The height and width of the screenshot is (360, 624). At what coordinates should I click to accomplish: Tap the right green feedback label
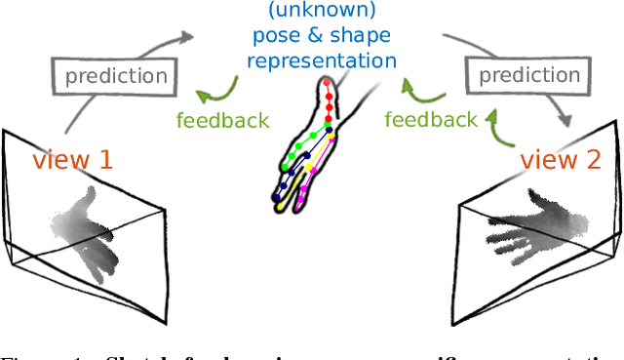[x=431, y=119]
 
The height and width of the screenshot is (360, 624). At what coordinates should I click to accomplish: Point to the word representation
[x=322, y=61]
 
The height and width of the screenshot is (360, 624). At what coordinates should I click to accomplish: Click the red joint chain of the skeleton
[x=329, y=107]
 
